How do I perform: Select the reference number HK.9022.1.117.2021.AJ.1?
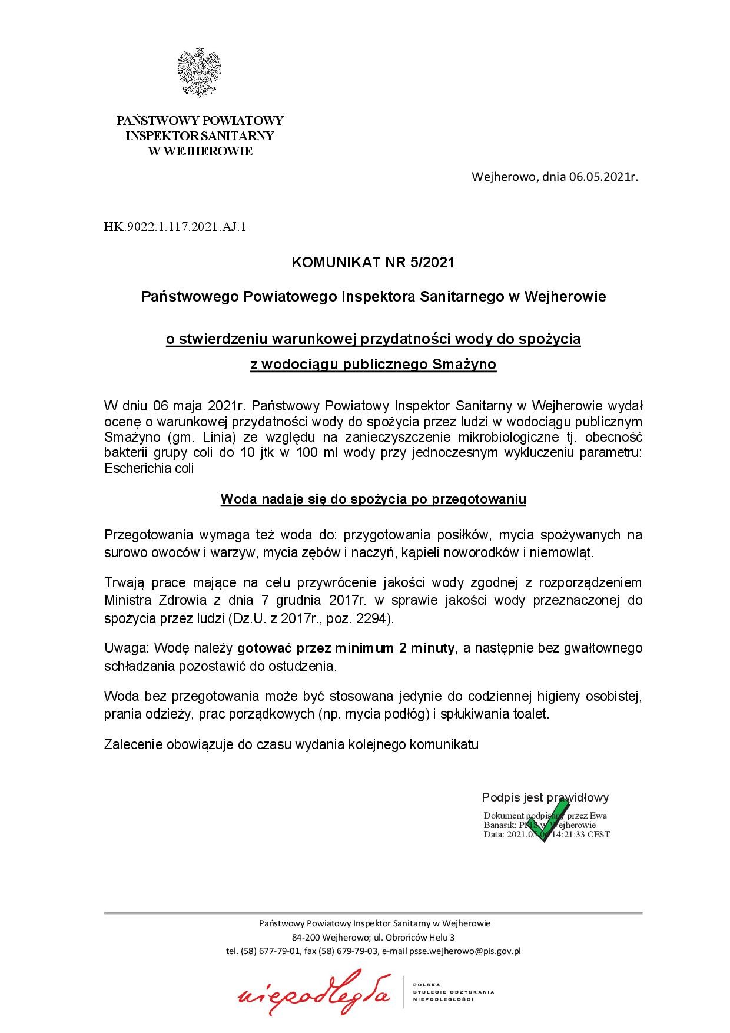[x=175, y=226]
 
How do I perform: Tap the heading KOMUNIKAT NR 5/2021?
[x=373, y=263]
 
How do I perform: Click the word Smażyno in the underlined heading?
[x=464, y=365]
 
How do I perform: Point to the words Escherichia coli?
[x=149, y=469]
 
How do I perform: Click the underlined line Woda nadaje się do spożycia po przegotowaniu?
[x=373, y=499]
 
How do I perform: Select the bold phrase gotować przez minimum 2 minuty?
[x=347, y=648]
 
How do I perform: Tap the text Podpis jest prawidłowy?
[x=545, y=797]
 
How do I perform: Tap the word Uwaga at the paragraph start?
[x=122, y=648]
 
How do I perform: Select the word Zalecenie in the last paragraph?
[x=130, y=744]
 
